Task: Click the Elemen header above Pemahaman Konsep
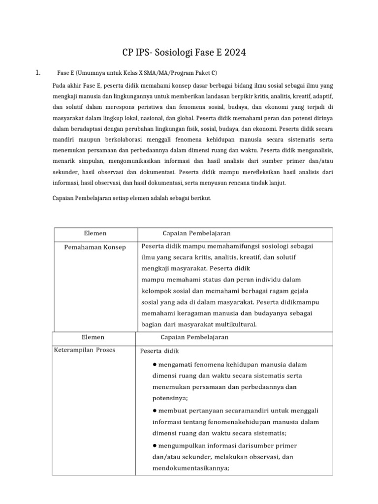pos(95,233)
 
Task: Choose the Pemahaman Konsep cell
pos(95,247)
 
